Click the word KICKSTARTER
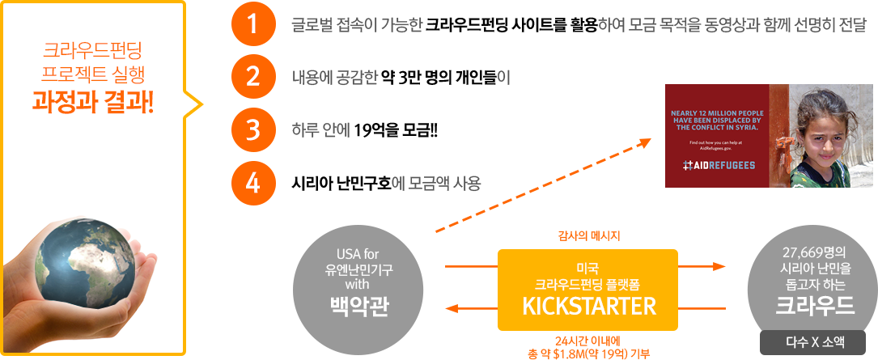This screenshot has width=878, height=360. (587, 306)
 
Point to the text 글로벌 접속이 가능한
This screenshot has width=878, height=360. (357, 24)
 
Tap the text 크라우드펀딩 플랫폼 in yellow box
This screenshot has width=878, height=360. (587, 284)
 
